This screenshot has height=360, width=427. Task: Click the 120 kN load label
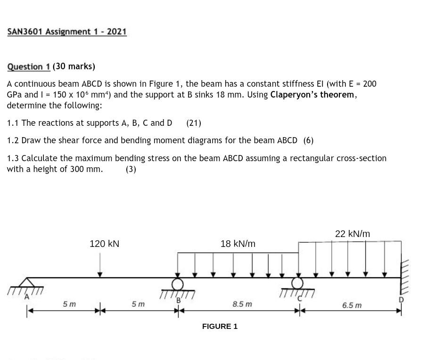pyautogui.click(x=104, y=244)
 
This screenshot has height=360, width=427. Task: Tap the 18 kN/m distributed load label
pyautogui.click(x=238, y=244)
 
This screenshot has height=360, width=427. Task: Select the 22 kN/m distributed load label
pyautogui.click(x=352, y=234)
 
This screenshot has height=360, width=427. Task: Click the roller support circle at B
pyautogui.click(x=177, y=284)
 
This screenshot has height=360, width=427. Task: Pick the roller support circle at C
pyautogui.click(x=297, y=283)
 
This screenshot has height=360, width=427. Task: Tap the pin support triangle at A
pyautogui.click(x=27, y=282)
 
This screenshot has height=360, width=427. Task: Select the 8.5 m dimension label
pyautogui.click(x=242, y=304)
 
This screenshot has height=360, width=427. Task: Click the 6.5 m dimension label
pyautogui.click(x=352, y=305)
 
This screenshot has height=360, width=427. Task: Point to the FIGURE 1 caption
pyautogui.click(x=220, y=326)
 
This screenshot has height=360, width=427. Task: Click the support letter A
pyautogui.click(x=27, y=297)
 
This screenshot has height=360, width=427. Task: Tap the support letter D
pyautogui.click(x=401, y=299)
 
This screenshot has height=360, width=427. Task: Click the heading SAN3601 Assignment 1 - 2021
pyautogui.click(x=67, y=32)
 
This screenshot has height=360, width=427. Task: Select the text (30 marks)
pyautogui.click(x=74, y=66)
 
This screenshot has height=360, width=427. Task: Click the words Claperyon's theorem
pyautogui.click(x=312, y=95)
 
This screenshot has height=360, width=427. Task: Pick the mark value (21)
pyautogui.click(x=193, y=123)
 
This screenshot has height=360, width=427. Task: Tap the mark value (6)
pyautogui.click(x=308, y=140)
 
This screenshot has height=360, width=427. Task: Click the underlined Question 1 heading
pyautogui.click(x=28, y=66)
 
